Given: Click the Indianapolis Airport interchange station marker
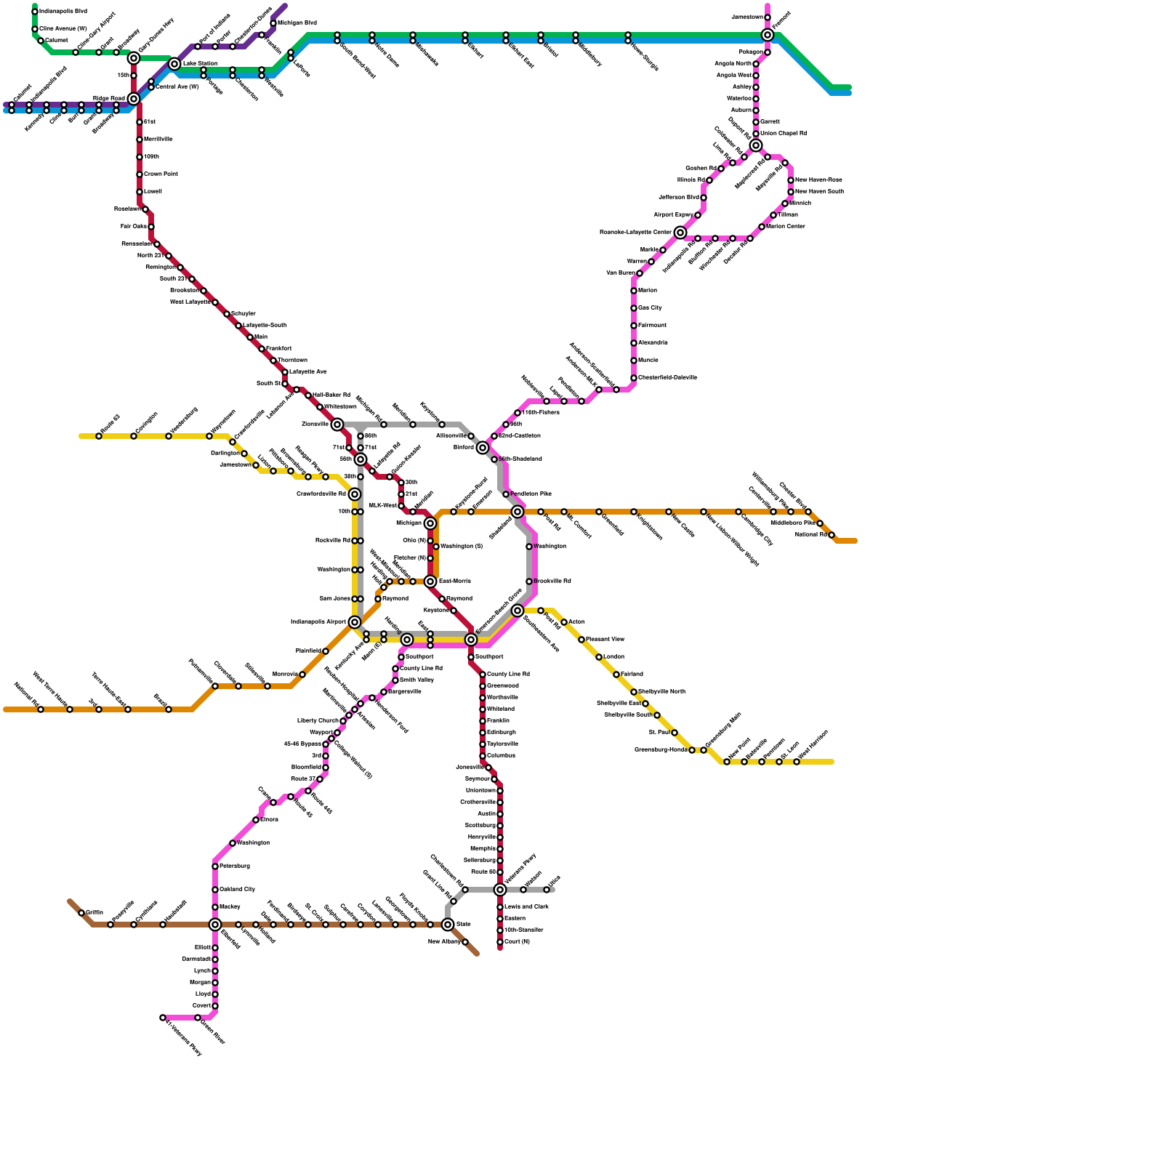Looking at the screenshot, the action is [355, 622].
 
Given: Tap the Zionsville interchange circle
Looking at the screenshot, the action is [337, 424].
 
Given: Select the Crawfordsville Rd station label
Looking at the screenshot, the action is [321, 494].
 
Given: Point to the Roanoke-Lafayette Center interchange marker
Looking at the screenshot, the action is [680, 233].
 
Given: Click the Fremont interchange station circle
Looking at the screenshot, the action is [768, 35].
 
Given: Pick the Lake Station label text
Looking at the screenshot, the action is [200, 64].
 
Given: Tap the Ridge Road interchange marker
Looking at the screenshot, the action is [134, 99].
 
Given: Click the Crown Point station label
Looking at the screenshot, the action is [161, 174].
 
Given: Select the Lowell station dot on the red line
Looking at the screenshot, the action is [140, 192].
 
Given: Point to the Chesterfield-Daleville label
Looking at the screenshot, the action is [667, 378].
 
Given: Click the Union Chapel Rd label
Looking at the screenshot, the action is [783, 134].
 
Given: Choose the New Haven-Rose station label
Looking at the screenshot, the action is [818, 180].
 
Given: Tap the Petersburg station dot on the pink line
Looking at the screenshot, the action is [215, 866].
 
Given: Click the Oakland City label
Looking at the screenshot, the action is [237, 890].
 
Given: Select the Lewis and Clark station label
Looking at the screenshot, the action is [526, 907].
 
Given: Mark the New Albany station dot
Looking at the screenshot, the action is [465, 942].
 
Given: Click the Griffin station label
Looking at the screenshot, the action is [94, 913].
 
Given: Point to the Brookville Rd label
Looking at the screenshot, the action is [552, 581].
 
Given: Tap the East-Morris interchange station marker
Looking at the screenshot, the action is [430, 581].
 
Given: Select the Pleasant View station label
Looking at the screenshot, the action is [605, 640].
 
